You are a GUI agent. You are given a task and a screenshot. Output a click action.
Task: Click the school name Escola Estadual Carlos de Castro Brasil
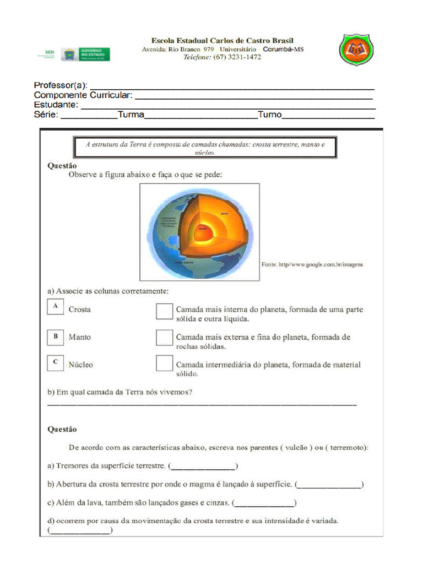pyautogui.click(x=223, y=41)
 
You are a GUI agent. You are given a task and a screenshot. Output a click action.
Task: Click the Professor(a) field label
pyautogui.click(x=61, y=85)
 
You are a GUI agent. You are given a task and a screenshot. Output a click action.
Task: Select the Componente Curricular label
pyautogui.click(x=83, y=95)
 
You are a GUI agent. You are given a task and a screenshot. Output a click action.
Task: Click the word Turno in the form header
pyautogui.click(x=270, y=115)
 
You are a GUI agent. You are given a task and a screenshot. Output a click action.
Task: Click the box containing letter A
pyautogui.click(x=55, y=306)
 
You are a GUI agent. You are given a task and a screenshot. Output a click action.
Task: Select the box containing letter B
pyautogui.click(x=55, y=337)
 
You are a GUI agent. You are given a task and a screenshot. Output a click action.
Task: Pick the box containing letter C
pyautogui.click(x=55, y=363)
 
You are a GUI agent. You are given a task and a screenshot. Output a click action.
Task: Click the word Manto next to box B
pyautogui.click(x=80, y=337)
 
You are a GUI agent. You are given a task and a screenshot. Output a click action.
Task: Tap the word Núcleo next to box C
pyautogui.click(x=81, y=365)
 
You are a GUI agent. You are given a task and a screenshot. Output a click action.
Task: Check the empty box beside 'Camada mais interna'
pyautogui.click(x=164, y=311)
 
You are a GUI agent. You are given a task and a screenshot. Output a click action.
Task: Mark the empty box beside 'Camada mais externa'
pyautogui.click(x=164, y=338)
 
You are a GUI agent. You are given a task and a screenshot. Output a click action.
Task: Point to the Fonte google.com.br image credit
pyautogui.click(x=312, y=264)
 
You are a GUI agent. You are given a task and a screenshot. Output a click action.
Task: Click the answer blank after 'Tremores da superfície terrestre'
pyautogui.click(x=203, y=467)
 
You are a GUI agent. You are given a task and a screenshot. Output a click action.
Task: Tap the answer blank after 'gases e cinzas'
pyautogui.click(x=263, y=503)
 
